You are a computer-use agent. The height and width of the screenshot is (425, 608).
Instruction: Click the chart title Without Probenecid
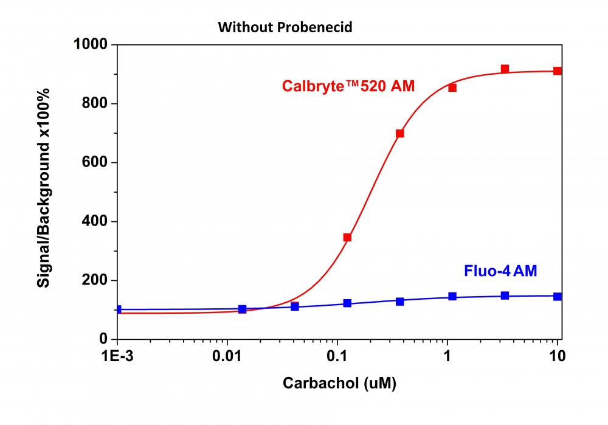(286, 27)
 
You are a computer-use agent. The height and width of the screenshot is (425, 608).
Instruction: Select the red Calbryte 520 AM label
(348, 86)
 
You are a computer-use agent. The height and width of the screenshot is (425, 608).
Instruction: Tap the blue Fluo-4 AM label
(500, 271)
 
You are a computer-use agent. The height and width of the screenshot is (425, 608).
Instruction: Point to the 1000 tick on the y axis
(91, 44)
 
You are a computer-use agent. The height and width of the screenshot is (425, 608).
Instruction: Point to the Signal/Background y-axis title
(44, 187)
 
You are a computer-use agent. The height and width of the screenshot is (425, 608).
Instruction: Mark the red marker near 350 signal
(347, 237)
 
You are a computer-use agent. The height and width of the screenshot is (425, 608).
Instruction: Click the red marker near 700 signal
(399, 133)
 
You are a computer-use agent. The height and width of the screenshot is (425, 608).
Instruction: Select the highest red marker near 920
(505, 69)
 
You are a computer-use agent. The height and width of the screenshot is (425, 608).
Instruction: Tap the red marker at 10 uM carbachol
(558, 71)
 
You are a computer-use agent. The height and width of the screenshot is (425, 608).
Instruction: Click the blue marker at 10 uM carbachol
(558, 296)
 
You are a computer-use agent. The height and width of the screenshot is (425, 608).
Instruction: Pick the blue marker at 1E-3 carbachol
(118, 309)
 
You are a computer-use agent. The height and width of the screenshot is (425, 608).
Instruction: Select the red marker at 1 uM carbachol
(452, 88)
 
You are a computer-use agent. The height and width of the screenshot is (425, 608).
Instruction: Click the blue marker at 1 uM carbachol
(452, 296)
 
